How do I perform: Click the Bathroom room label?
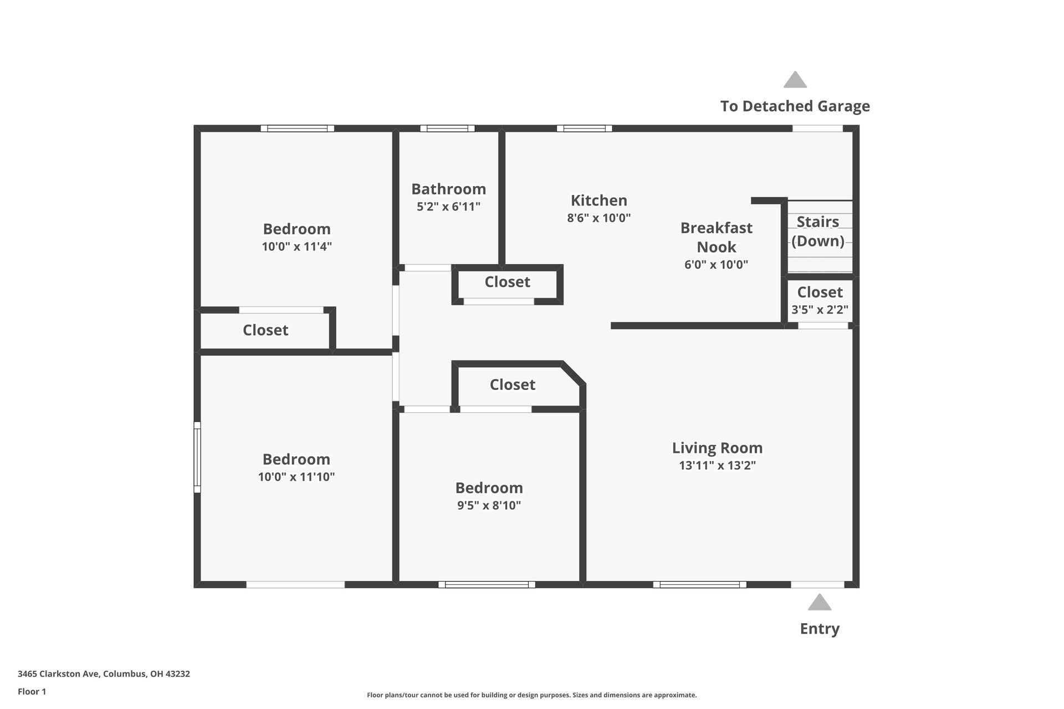pyautogui.click(x=448, y=189)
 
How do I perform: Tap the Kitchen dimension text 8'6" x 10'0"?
pyautogui.click(x=598, y=218)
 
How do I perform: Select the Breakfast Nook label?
pyautogui.click(x=716, y=237)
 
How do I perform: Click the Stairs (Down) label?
pyautogui.click(x=817, y=231)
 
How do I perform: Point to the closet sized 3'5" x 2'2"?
pyautogui.click(x=820, y=300)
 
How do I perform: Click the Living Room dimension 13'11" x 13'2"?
pyautogui.click(x=717, y=466)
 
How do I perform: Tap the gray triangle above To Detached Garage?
pyautogui.click(x=795, y=80)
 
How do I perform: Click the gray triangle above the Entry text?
pyautogui.click(x=819, y=603)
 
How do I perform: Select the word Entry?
pyautogui.click(x=819, y=629)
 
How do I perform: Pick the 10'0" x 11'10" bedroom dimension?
pyautogui.click(x=296, y=477)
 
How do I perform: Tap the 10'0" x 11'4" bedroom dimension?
pyautogui.click(x=296, y=246)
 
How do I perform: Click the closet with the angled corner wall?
pyautogui.click(x=512, y=384)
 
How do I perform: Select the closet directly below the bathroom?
pyautogui.click(x=507, y=282)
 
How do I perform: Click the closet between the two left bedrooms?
pyautogui.click(x=265, y=330)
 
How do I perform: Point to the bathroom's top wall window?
pyautogui.click(x=447, y=129)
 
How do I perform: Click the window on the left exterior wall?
pyautogui.click(x=197, y=457)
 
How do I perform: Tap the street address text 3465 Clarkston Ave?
pyautogui.click(x=104, y=674)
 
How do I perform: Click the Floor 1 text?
pyautogui.click(x=32, y=691)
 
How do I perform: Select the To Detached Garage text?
pyautogui.click(x=795, y=106)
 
